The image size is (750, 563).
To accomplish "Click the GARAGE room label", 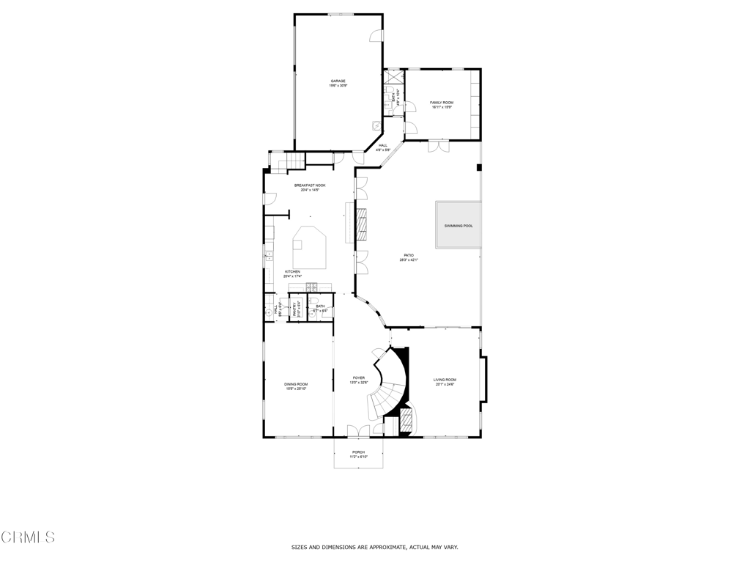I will [x=338, y=81].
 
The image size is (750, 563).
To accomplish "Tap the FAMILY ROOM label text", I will [x=441, y=103].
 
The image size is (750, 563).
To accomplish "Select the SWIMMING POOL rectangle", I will [x=458, y=225].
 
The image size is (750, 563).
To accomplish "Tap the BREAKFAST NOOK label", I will [x=310, y=185].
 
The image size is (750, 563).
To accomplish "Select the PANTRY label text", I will [x=296, y=309].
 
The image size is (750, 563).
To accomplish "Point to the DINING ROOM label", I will [x=296, y=384].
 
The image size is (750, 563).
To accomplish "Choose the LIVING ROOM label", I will [x=445, y=380].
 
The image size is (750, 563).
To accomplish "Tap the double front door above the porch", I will [x=358, y=432].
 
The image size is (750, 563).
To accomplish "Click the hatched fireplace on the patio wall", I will [x=362, y=224].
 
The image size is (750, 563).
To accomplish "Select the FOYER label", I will [x=359, y=378].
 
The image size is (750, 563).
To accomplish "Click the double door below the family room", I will [x=439, y=146].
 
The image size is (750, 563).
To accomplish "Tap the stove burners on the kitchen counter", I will [x=311, y=287].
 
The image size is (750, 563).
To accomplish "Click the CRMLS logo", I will [x=28, y=537].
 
